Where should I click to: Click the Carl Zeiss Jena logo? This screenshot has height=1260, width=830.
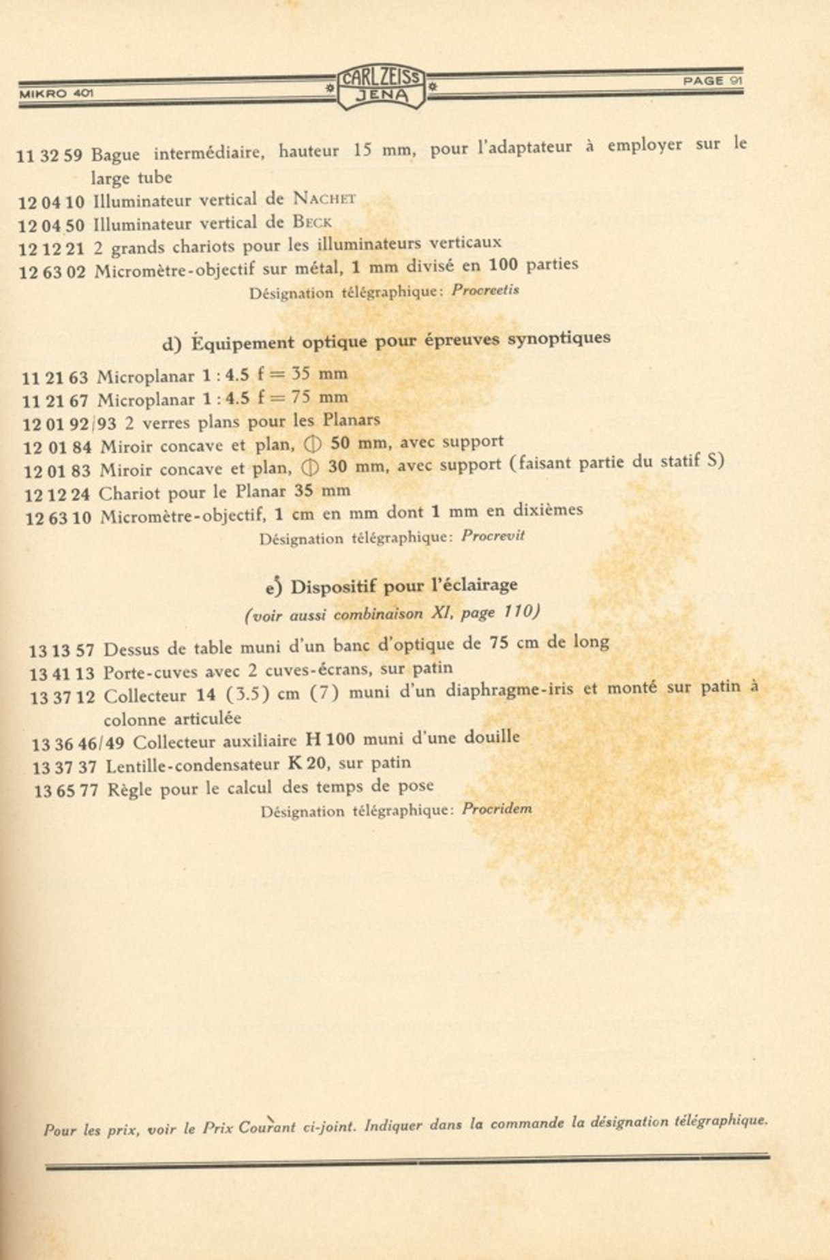[382, 87]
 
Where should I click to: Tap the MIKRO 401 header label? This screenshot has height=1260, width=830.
[57, 93]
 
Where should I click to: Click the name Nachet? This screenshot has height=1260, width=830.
[324, 198]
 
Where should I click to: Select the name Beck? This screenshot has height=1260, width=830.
[312, 222]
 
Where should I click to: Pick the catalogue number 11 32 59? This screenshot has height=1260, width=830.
[49, 155]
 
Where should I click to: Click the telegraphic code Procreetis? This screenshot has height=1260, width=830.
[485, 290]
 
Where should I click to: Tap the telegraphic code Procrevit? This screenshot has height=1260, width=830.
[493, 535]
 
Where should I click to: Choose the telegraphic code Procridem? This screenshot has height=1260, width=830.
[497, 809]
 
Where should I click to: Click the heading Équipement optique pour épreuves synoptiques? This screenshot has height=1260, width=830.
[386, 340]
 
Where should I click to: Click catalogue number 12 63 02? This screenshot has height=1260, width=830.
[52, 272]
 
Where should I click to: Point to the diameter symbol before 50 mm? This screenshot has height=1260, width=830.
[311, 445]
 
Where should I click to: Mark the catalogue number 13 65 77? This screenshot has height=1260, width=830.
[66, 790]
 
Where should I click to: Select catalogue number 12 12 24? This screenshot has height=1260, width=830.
[57, 494]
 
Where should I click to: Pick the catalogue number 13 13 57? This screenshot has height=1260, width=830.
[61, 650]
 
